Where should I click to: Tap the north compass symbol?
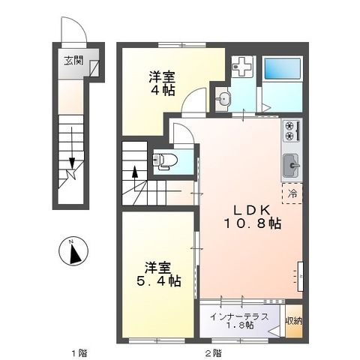[x=74, y=253]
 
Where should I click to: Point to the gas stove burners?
[x=290, y=133]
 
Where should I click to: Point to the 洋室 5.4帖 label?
[x=159, y=273]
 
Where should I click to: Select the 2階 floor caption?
[x=212, y=351]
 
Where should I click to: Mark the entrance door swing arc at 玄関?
[x=76, y=31]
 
